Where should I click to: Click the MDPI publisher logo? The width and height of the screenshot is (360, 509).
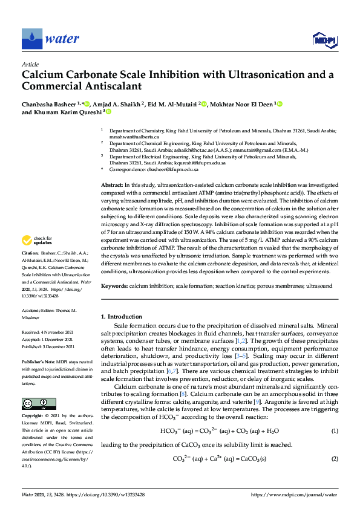pyautogui.click(x=324, y=40)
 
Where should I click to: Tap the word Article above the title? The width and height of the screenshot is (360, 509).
pyautogui.click(x=30, y=64)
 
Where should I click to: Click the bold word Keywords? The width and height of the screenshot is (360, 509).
pyautogui.click(x=114, y=284)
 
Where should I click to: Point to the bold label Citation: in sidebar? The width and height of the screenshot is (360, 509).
pyautogui.click(x=31, y=270)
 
